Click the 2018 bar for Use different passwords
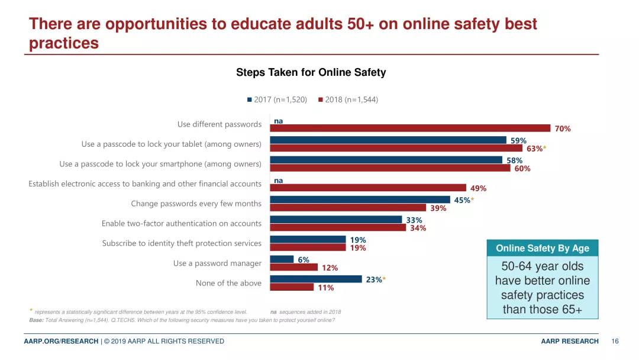(x=410, y=128)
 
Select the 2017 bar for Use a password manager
(x=282, y=259)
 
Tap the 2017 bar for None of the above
(x=316, y=279)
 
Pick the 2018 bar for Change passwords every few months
(x=348, y=208)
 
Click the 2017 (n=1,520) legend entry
(x=277, y=99)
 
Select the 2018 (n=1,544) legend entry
(x=348, y=99)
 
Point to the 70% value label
(x=563, y=128)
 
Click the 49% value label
(x=478, y=188)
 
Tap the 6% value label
(x=304, y=259)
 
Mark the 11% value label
(x=326, y=288)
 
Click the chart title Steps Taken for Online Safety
(x=311, y=72)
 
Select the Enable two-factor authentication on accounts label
(x=181, y=223)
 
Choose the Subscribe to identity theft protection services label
(x=182, y=243)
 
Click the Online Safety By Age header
(x=542, y=248)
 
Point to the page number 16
(x=615, y=341)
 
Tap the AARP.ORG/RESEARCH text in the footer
(x=61, y=341)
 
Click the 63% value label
(x=535, y=149)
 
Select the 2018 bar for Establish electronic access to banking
(x=368, y=188)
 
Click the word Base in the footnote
(x=36, y=320)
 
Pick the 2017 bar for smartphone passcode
(x=386, y=160)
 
